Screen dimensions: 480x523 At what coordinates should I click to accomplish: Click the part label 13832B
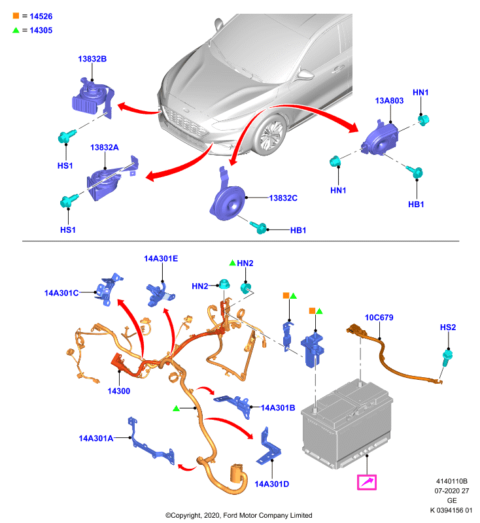(x=92, y=59)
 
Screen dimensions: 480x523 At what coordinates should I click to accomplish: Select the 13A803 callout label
(x=389, y=101)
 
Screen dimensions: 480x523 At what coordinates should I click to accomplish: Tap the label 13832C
(x=283, y=198)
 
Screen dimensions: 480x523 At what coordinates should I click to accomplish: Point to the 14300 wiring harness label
(x=119, y=391)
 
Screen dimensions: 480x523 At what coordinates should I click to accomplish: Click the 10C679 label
(x=379, y=318)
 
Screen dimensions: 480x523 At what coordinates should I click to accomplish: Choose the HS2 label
(x=448, y=328)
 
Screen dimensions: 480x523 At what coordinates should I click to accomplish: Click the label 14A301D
(x=272, y=484)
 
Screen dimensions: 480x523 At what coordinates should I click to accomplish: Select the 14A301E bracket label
(x=161, y=258)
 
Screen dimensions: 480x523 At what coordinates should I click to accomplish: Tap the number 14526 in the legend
(x=41, y=16)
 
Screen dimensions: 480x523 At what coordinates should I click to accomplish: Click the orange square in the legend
(x=16, y=16)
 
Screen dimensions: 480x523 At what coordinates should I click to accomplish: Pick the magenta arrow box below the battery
(x=367, y=482)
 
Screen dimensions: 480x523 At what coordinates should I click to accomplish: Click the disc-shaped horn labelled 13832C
(x=228, y=202)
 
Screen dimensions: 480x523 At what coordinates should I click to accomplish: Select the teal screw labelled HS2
(x=446, y=357)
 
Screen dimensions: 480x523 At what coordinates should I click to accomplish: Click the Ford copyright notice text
(x=239, y=515)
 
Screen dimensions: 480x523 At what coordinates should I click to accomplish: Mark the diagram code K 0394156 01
(x=451, y=510)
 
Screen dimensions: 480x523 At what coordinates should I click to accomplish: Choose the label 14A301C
(x=61, y=293)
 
